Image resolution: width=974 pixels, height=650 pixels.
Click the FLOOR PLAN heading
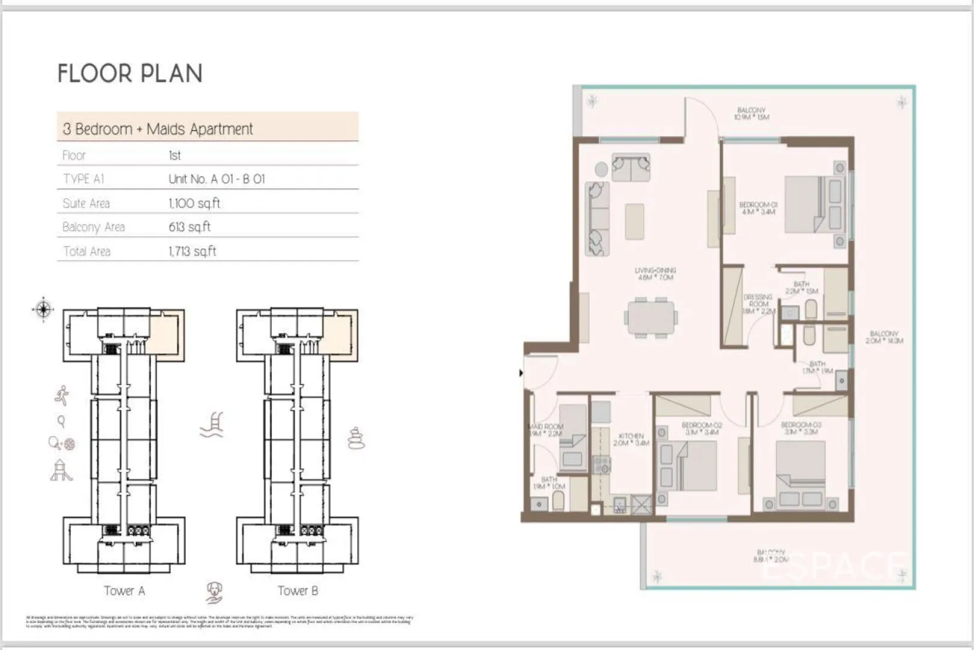(x=130, y=73)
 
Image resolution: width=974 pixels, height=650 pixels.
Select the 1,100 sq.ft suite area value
(x=194, y=203)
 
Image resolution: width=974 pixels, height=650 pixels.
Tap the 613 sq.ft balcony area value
(x=189, y=227)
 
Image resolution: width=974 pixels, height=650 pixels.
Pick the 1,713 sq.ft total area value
(x=192, y=252)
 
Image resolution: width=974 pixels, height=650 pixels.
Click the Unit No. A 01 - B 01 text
(x=216, y=179)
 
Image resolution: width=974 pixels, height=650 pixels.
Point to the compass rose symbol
(x=43, y=310)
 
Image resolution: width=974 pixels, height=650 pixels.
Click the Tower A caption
(x=124, y=591)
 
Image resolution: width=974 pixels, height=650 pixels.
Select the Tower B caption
(x=298, y=591)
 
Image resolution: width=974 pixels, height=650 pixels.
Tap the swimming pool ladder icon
(x=212, y=424)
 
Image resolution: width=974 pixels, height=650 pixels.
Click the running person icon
(x=61, y=395)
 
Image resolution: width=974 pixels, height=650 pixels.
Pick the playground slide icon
(x=61, y=471)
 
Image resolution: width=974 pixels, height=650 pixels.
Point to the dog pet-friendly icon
(x=214, y=592)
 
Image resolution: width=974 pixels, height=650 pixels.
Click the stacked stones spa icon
(x=356, y=439)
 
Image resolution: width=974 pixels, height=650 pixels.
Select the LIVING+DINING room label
(x=655, y=274)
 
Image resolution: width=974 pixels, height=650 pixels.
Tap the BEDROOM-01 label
(x=758, y=208)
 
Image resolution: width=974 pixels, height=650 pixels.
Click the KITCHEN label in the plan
(x=631, y=439)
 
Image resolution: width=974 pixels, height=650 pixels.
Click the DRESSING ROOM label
(x=758, y=303)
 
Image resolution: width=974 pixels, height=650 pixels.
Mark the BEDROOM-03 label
(x=801, y=428)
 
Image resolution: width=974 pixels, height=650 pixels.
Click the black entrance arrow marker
(x=521, y=373)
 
